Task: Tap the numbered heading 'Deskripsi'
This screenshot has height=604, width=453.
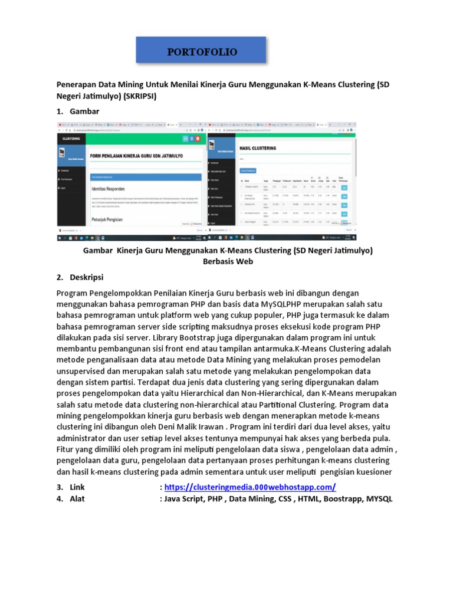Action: [87, 277]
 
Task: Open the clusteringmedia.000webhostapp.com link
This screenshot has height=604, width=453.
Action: [250, 487]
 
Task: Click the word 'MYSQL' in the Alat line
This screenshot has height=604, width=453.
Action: [377, 499]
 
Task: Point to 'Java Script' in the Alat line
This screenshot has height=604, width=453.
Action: [185, 499]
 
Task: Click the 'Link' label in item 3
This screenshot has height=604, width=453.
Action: [78, 487]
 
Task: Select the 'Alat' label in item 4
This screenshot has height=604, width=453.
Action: [77, 499]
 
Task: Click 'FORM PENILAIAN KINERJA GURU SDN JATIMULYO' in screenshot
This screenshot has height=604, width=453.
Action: [136, 156]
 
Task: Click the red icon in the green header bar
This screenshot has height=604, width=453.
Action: [198, 139]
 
